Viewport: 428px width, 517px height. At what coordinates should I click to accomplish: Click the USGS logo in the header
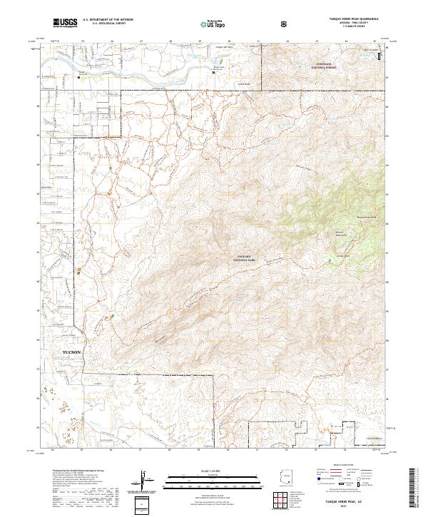coord(65,24)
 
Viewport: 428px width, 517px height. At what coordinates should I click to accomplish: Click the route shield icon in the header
coord(285,24)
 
